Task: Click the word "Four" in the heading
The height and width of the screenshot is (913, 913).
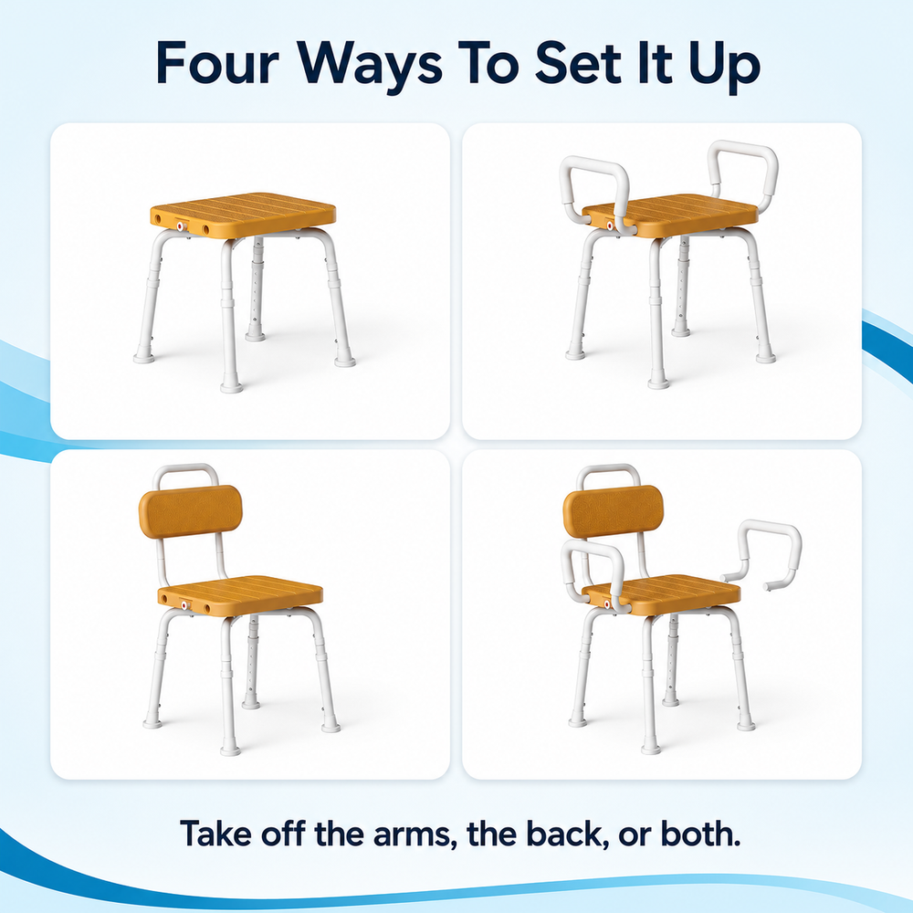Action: coord(217,63)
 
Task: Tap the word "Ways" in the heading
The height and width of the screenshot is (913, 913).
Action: coord(369,67)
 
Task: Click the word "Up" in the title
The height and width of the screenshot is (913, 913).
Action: coord(724,67)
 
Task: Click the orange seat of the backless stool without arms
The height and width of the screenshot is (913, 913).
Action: coord(244,215)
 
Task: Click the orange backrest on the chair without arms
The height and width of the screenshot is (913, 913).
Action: coord(191,512)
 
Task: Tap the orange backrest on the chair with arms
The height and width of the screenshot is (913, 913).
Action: coord(614,511)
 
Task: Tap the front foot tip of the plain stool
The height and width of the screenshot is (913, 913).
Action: coord(231,386)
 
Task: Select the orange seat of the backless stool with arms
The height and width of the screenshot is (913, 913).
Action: coord(669,215)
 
